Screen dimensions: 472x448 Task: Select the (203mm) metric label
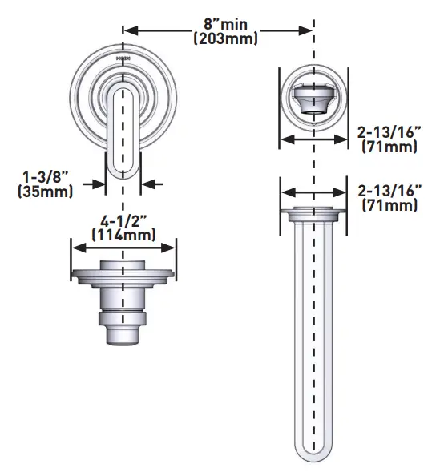point(220,38)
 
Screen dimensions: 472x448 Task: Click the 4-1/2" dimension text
point(123,220)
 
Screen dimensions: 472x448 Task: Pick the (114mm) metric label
point(123,235)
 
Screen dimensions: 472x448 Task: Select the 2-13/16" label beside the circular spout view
point(389,133)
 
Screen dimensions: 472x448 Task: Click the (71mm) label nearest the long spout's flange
point(389,206)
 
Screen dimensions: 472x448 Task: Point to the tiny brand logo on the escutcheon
point(123,58)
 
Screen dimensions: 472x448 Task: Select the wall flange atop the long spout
point(313,214)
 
